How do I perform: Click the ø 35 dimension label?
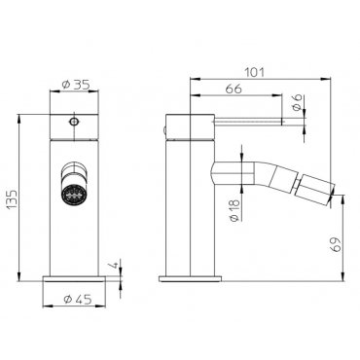[x=75, y=85]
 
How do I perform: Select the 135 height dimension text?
[x=13, y=199]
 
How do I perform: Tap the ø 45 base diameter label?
[x=78, y=299]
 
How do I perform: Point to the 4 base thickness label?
[x=114, y=266]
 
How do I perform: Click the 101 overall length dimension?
[x=254, y=72]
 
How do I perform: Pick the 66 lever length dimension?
[x=234, y=89]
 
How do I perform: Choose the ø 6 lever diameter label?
[x=298, y=102]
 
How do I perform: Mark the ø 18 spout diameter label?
[x=235, y=210]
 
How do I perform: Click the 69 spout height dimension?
[x=336, y=244]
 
